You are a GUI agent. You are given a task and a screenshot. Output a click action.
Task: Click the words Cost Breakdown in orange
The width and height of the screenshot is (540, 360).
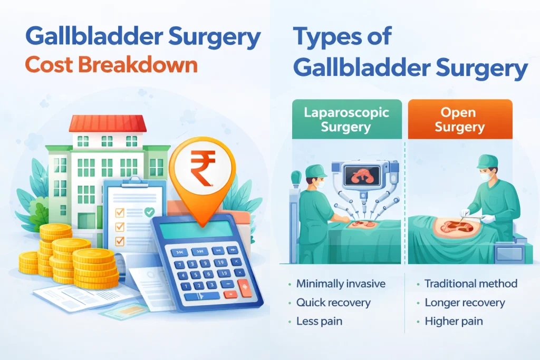[111, 65]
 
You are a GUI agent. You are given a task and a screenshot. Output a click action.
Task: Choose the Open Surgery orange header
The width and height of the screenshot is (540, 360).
[459, 120]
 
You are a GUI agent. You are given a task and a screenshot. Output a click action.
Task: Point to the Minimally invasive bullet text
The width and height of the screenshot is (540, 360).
[341, 284]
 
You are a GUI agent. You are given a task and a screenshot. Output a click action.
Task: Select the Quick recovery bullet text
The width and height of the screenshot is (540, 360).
[333, 303]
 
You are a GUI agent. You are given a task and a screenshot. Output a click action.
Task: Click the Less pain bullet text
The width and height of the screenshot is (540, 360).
[320, 321]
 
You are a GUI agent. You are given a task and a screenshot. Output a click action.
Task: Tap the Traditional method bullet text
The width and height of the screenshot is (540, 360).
[471, 284]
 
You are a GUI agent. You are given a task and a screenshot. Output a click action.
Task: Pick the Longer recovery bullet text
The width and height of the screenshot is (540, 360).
[465, 303]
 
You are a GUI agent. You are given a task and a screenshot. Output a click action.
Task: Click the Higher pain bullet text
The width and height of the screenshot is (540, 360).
[454, 321]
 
